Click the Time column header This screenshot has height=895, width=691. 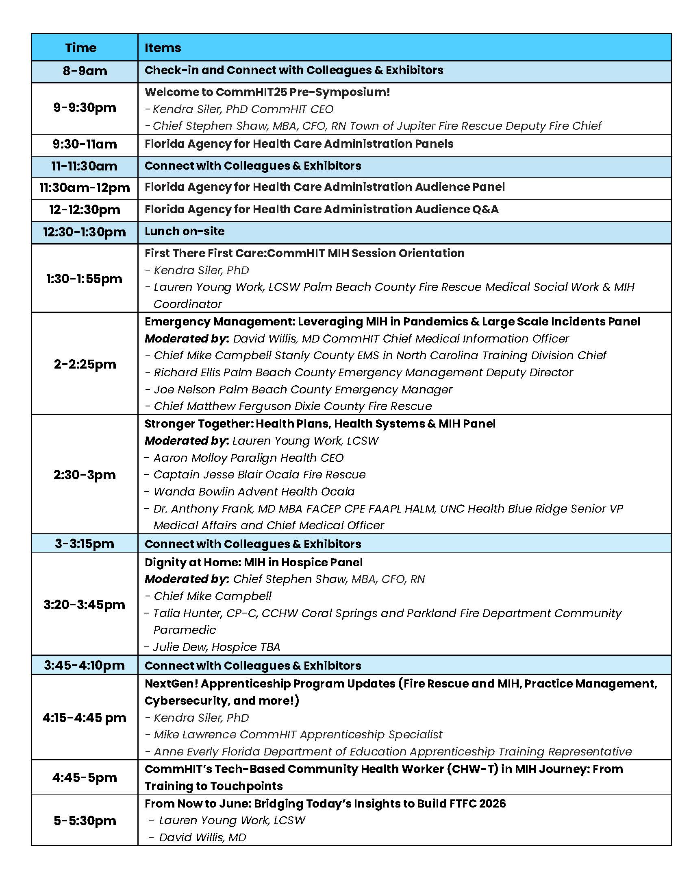80,48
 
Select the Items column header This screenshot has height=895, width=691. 163,48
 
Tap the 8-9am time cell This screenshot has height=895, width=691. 85,71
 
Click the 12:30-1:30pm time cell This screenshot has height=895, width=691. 84,232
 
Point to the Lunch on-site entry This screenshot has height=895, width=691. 184,231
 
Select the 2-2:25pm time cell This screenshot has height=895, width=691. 85,364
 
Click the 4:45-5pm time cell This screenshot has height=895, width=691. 85,777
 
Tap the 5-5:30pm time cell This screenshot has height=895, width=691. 85,821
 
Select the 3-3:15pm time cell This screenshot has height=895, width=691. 85,544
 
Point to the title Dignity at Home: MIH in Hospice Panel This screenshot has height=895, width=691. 253,562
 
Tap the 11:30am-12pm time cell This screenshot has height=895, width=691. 85,188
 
